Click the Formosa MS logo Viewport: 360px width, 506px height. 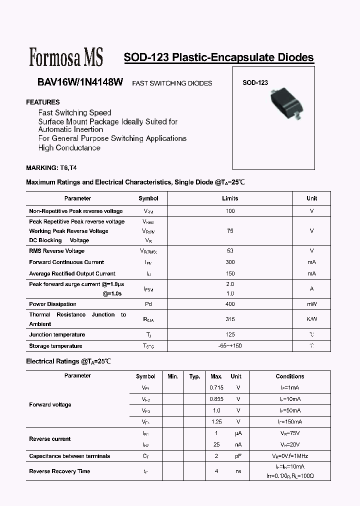(66, 57)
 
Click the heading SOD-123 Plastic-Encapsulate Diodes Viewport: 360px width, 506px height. (218, 57)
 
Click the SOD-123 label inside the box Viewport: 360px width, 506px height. (255, 83)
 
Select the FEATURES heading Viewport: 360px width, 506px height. (42, 102)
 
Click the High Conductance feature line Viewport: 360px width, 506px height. (69, 148)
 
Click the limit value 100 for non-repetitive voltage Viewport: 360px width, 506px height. (230, 211)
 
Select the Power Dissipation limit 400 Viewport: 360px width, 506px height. (230, 304)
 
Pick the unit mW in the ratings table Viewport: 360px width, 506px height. (311, 304)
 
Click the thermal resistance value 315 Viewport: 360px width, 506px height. (230, 319)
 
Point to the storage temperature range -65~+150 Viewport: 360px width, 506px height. (230, 346)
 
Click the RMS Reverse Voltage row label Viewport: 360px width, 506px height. (57, 251)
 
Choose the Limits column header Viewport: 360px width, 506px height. (230, 198)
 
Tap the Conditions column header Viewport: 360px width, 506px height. (289, 376)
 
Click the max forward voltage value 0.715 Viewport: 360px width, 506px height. (216, 387)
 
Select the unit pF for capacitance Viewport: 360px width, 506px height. (238, 456)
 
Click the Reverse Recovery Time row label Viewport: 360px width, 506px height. (59, 471)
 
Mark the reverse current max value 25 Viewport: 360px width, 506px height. (216, 444)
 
